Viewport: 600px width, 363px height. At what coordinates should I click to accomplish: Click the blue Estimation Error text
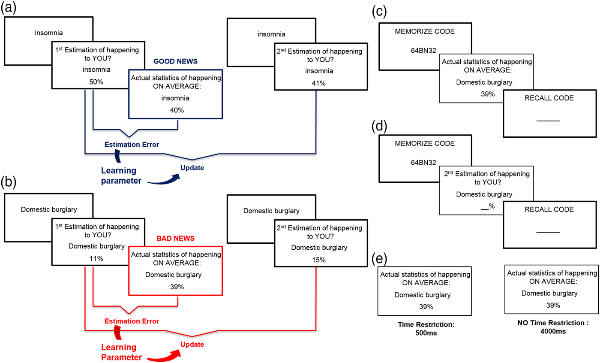[x=132, y=144]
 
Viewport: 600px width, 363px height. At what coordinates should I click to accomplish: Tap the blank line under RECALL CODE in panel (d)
[x=548, y=232]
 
